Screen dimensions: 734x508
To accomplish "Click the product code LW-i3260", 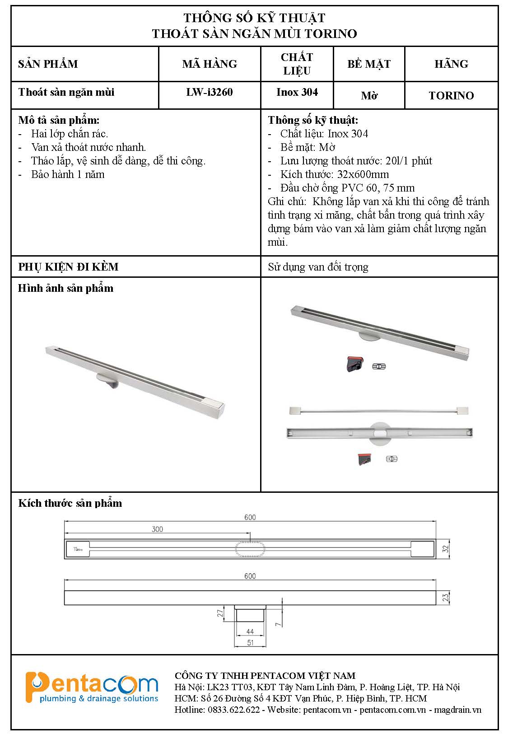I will tap(210, 92).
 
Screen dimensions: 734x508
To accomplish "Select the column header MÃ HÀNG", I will tap(210, 64).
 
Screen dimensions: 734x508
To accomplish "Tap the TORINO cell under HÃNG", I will tap(451, 95).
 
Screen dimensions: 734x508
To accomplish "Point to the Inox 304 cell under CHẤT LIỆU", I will tap(297, 92).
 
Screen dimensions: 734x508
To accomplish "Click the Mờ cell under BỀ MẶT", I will tap(369, 95).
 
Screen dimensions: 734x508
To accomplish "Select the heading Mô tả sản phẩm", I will tap(59, 120).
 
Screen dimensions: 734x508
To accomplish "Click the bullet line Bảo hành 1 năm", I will tap(68, 174).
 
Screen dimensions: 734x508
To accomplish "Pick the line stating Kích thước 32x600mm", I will tap(334, 174).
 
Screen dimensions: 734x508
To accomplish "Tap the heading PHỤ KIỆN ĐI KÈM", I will tap(68, 267).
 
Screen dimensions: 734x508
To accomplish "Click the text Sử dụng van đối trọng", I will tap(318, 267).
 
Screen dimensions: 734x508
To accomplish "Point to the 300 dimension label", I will tap(157, 529).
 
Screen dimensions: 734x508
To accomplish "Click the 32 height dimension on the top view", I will tap(446, 549).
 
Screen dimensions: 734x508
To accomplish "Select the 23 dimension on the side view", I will tap(446, 598).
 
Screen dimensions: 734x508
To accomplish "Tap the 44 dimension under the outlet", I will tap(250, 631).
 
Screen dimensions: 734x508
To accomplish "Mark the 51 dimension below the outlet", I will tap(250, 642).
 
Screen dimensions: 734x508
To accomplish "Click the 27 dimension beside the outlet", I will tap(220, 613).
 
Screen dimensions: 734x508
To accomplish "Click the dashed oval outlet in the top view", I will tap(250, 549).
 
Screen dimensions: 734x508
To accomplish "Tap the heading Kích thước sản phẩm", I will tap(70, 503).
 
